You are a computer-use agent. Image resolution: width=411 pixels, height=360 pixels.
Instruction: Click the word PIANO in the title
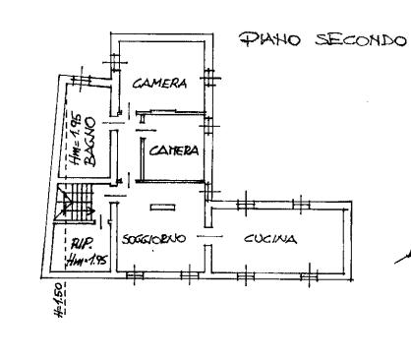269,39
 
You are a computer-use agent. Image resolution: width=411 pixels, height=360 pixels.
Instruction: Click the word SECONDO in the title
361,39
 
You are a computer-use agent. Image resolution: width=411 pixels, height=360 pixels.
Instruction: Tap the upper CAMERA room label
160,83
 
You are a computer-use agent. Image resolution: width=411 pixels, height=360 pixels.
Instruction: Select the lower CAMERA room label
174,150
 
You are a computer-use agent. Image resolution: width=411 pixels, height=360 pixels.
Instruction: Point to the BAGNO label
89,142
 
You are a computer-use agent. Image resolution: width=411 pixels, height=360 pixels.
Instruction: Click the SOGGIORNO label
153,238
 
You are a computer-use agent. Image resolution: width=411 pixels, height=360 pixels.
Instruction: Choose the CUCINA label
270,239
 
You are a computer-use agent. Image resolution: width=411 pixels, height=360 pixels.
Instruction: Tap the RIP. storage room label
84,244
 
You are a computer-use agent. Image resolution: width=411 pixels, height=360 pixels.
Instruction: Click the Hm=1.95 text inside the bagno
75,138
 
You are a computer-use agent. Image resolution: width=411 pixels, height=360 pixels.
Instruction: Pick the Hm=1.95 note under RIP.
87,260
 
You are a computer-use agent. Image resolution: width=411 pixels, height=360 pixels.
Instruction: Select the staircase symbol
75,204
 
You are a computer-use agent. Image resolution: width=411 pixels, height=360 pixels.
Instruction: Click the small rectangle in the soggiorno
162,208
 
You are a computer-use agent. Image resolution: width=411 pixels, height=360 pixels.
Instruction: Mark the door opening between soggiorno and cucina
208,236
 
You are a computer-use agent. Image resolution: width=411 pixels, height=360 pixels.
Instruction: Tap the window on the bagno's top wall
82,80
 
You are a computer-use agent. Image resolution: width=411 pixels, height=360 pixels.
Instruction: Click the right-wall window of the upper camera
209,78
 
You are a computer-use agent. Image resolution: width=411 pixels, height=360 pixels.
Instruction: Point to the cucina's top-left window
246,205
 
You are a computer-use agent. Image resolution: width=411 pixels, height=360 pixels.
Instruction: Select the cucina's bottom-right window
310,276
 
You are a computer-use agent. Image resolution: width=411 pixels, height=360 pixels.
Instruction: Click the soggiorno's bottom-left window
135,275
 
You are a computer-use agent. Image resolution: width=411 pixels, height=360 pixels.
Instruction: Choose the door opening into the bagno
113,123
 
